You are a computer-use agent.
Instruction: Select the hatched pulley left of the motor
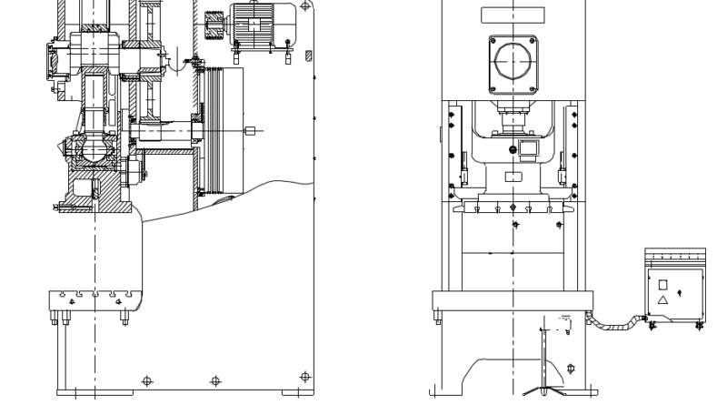215,22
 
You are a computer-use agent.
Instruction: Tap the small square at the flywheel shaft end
249,130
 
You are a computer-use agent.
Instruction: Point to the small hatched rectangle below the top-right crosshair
309,56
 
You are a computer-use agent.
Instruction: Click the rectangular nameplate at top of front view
513,15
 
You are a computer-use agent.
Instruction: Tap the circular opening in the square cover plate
514,61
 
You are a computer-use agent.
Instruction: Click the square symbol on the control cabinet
662,284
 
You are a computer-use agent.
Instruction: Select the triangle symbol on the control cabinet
662,299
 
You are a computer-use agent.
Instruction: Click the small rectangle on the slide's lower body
513,176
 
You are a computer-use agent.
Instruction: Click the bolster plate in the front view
514,299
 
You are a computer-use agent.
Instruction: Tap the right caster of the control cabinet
698,324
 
